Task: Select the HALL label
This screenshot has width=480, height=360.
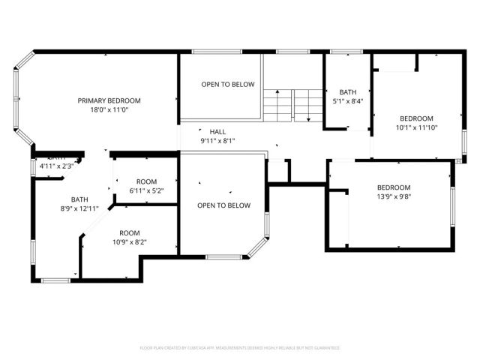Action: click(x=217, y=131)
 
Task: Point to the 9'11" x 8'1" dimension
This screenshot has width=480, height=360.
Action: click(x=217, y=140)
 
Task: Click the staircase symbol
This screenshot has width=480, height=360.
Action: click(x=291, y=103)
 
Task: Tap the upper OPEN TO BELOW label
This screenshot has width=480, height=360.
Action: click(x=227, y=85)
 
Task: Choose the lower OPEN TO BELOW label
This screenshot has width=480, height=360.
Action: click(x=223, y=205)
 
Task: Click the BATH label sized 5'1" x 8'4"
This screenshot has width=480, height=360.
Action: click(x=348, y=92)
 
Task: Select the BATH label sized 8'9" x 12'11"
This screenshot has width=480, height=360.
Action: click(x=79, y=199)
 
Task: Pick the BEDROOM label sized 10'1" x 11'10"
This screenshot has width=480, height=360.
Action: click(x=415, y=118)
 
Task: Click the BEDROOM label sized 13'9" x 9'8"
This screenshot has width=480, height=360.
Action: click(x=393, y=187)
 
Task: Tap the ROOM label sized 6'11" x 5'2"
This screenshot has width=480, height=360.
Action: click(x=146, y=181)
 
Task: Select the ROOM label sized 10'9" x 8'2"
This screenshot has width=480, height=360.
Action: click(x=130, y=233)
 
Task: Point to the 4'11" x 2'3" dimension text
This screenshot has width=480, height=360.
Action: click(x=56, y=166)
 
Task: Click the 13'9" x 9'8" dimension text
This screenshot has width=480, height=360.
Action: click(x=393, y=196)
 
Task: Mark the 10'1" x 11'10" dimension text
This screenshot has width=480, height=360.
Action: click(x=415, y=127)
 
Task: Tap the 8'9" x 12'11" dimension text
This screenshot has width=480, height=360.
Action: click(x=79, y=208)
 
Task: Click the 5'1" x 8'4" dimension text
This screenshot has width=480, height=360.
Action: click(x=348, y=101)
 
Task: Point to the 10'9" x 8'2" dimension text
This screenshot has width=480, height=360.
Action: click(x=130, y=242)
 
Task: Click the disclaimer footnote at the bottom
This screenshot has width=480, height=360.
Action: click(x=240, y=348)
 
